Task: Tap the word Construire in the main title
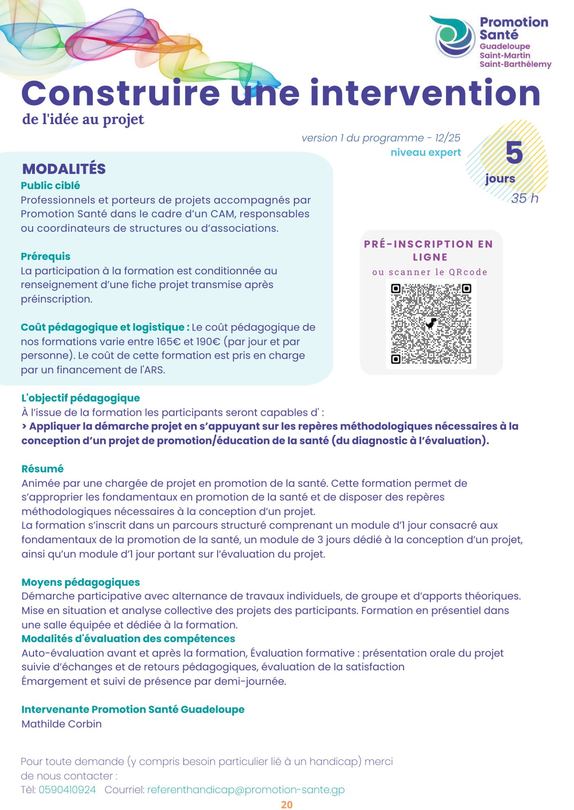pyautogui.click(x=120, y=94)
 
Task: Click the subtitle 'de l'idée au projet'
pyautogui.click(x=83, y=119)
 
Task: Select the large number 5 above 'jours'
pyautogui.click(x=514, y=153)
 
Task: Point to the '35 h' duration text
pyautogui.click(x=525, y=198)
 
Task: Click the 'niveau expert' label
pyautogui.click(x=426, y=152)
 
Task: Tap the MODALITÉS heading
pyautogui.click(x=64, y=169)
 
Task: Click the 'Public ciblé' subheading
pyautogui.click(x=50, y=185)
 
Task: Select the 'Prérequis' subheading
pyautogui.click(x=45, y=256)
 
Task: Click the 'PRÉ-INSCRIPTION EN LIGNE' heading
pyautogui.click(x=429, y=250)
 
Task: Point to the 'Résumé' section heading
pyautogui.click(x=43, y=469)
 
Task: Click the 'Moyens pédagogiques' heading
pyautogui.click(x=80, y=582)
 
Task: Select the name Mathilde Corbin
pyautogui.click(x=62, y=723)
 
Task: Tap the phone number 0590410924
pyautogui.click(x=67, y=789)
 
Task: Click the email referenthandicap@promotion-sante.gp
pyautogui.click(x=246, y=789)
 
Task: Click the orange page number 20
pyautogui.click(x=287, y=804)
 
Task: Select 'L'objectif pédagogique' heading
pyautogui.click(x=80, y=398)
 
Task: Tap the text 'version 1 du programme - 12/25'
pyautogui.click(x=381, y=138)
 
